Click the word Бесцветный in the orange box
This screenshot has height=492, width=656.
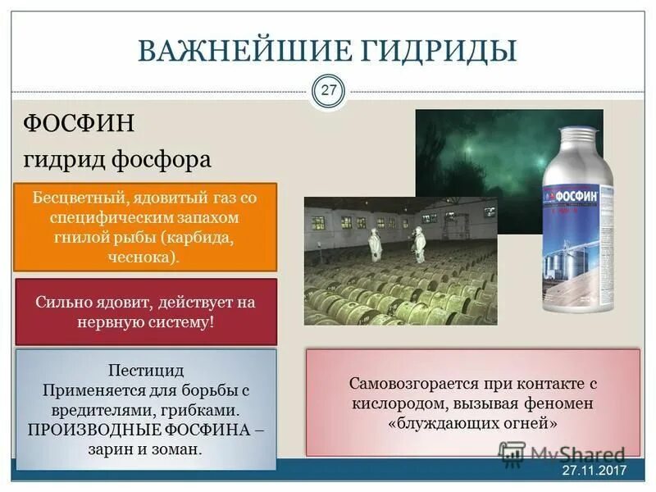coord(74,198)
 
